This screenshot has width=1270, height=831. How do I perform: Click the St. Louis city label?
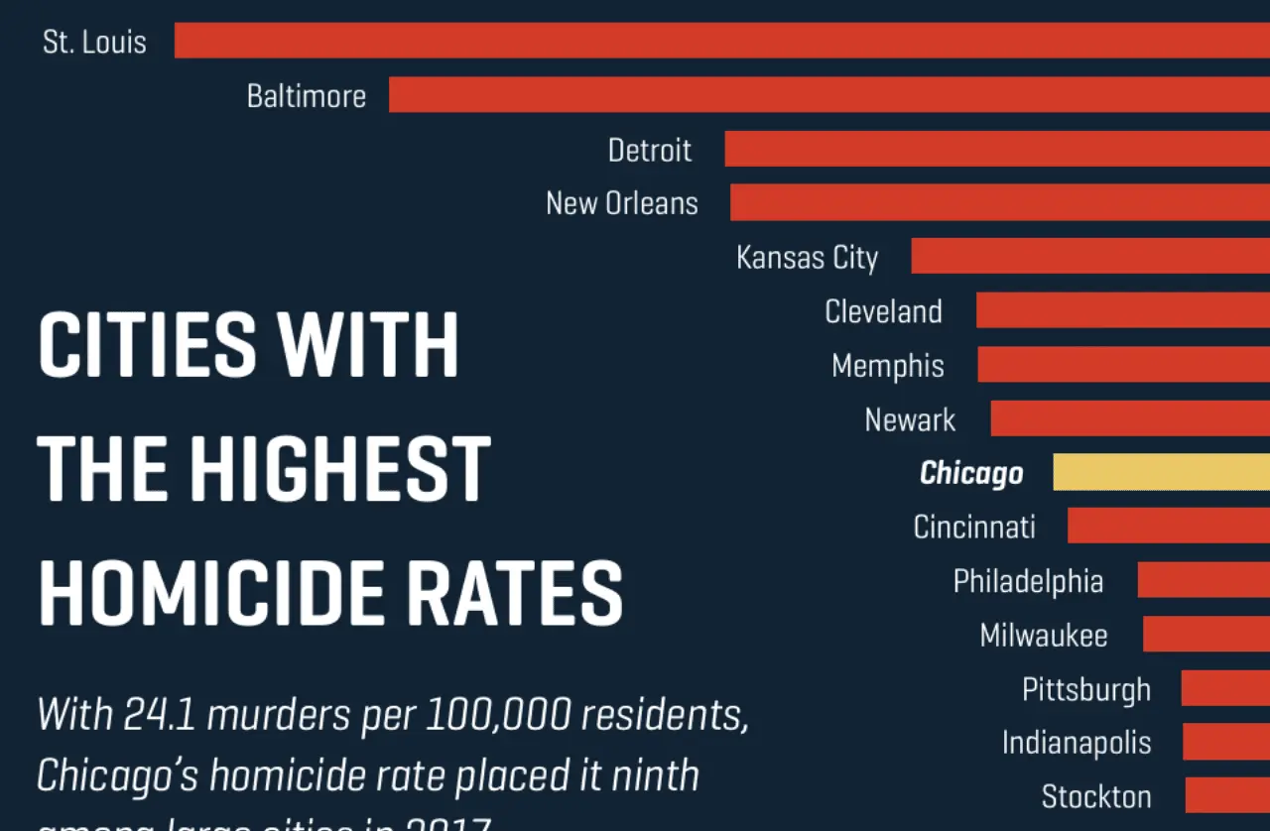point(94,43)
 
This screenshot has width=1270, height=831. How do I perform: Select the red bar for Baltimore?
point(828,95)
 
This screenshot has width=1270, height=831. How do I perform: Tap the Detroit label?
point(650,150)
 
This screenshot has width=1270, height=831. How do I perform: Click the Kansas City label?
point(807,258)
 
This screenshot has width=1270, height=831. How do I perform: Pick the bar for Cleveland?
point(1122,310)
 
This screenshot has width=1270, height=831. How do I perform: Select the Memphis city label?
point(888,366)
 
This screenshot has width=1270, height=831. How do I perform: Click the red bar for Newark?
point(1129,418)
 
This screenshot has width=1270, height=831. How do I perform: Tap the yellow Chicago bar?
point(1161,472)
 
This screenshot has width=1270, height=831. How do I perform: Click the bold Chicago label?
point(971,473)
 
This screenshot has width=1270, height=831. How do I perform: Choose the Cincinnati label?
point(974,527)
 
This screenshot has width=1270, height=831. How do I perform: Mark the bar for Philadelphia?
point(1204,580)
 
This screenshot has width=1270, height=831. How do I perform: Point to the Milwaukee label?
point(1044,635)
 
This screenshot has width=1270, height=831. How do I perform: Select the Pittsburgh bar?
point(1225,688)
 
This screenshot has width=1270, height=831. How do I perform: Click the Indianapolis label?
point(1077,743)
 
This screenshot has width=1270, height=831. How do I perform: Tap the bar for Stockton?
point(1227,795)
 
